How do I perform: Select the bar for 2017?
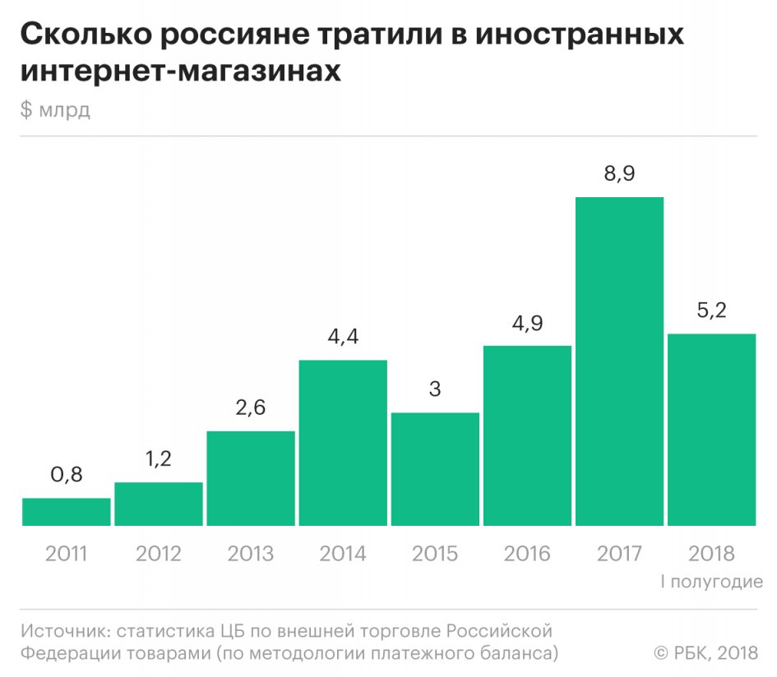tap(619, 362)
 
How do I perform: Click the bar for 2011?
tap(67, 512)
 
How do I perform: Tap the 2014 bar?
tap(343, 443)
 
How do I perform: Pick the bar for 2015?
tap(435, 469)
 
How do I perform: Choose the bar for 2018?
tap(711, 430)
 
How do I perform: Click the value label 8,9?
tap(619, 174)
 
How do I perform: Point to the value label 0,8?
tap(67, 475)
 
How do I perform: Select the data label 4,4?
tap(343, 337)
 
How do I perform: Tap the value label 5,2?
tap(711, 311)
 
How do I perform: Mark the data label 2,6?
tap(251, 408)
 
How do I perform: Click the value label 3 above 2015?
tap(435, 389)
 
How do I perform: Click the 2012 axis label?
tap(159, 553)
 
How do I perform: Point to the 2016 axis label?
tap(527, 553)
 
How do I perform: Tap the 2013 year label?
tap(251, 553)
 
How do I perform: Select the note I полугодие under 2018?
tap(711, 582)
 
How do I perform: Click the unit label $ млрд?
tap(55, 111)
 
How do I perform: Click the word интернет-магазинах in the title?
tap(181, 71)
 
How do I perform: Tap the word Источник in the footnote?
tap(65, 632)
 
